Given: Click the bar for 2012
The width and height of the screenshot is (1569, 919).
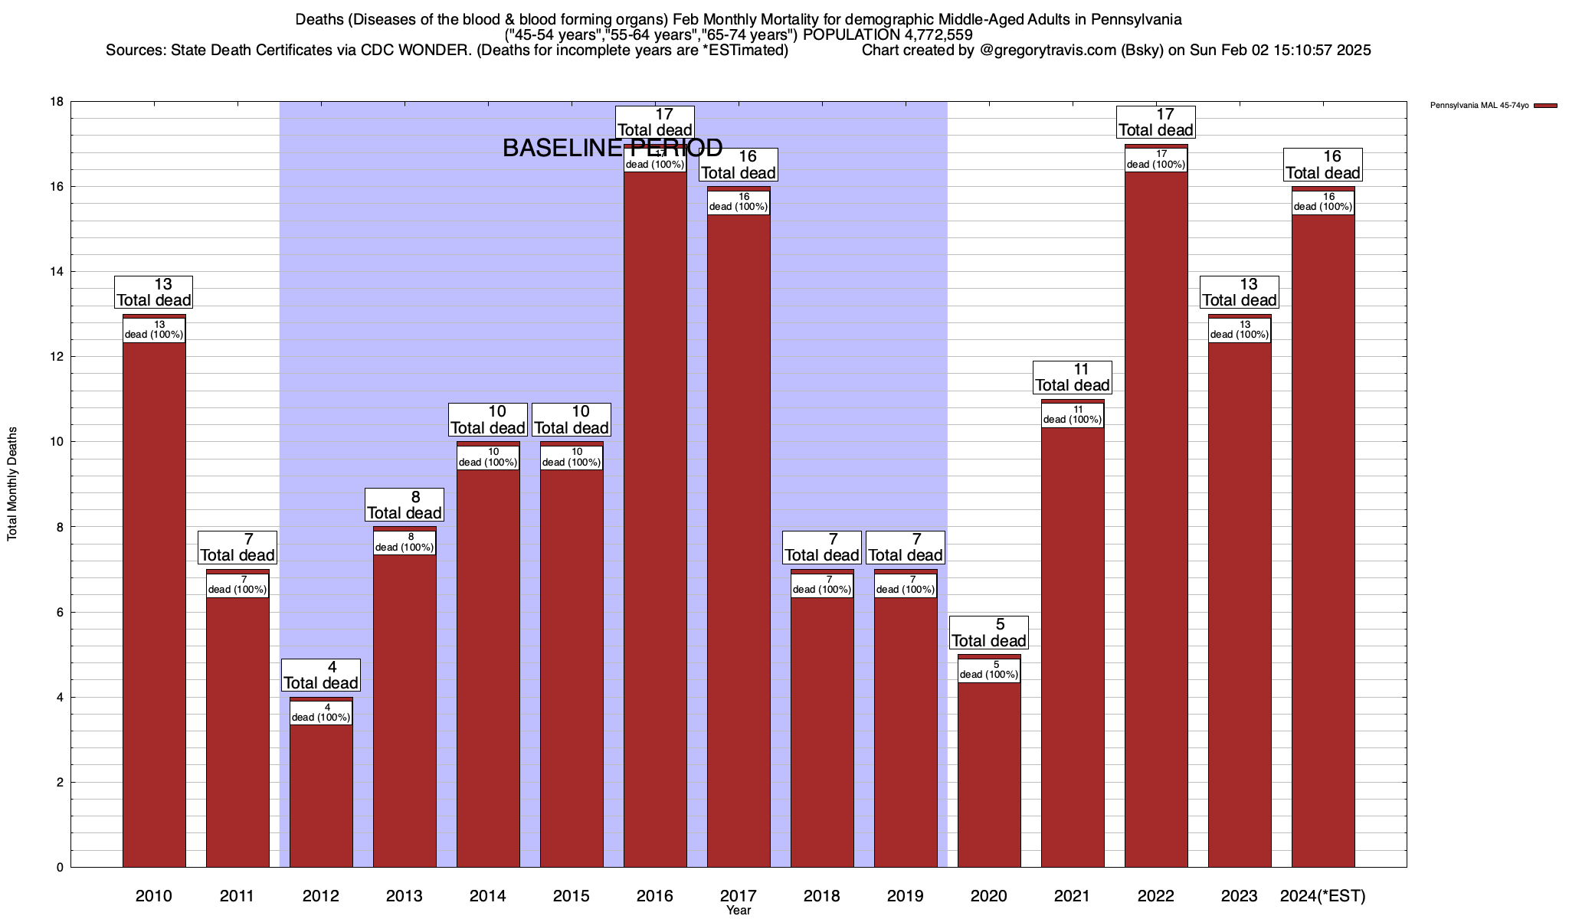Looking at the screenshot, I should [x=321, y=796].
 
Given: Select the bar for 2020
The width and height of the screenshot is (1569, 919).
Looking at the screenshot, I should [x=989, y=773].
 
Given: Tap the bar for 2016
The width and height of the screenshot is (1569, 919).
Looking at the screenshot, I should [x=655, y=521].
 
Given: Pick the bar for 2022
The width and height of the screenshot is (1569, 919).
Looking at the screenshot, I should [x=1156, y=521].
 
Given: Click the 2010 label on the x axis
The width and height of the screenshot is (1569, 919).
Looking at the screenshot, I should [x=154, y=896].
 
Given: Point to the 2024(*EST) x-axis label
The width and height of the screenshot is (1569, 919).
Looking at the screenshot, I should [x=1323, y=896].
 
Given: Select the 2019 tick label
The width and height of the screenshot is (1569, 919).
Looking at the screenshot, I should [x=906, y=896].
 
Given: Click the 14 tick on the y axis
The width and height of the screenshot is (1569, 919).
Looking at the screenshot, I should [x=57, y=272].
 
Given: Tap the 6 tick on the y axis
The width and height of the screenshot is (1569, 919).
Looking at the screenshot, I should [x=60, y=613].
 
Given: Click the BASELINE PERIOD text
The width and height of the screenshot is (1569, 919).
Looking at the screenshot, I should [x=612, y=149].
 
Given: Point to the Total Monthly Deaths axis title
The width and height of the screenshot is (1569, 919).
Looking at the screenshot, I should [x=12, y=484].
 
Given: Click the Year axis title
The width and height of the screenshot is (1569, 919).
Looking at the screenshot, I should [x=739, y=911].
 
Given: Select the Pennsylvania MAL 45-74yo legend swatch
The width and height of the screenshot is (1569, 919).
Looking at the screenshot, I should [x=1545, y=106].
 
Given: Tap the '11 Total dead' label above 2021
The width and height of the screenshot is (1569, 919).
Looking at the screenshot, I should [x=1073, y=378].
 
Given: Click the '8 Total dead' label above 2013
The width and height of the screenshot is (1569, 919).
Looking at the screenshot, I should [x=405, y=505].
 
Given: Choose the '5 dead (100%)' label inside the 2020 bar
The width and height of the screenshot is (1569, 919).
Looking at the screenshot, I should [x=989, y=670].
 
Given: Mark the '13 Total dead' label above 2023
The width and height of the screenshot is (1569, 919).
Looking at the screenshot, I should [x=1240, y=293].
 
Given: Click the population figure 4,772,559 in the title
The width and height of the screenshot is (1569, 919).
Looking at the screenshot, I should [x=929, y=35].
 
